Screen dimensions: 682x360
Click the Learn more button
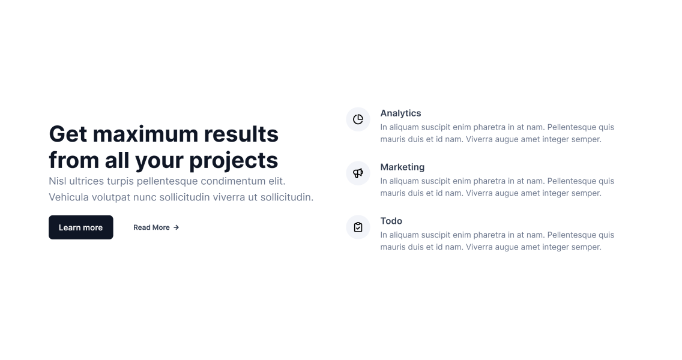(81, 227)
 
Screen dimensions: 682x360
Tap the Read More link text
(151, 227)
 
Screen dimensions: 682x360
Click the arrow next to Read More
(176, 227)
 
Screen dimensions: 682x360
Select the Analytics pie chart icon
(358, 119)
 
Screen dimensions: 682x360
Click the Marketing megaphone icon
(358, 173)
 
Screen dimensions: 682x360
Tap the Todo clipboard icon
(358, 227)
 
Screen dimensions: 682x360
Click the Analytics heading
(400, 113)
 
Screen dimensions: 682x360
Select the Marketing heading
(402, 167)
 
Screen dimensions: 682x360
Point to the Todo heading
(391, 221)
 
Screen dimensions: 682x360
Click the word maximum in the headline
(145, 134)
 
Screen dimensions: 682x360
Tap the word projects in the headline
(234, 160)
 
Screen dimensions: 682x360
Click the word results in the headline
(241, 134)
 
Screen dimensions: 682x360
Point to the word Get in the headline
(68, 134)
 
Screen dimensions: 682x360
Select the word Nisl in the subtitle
(58, 181)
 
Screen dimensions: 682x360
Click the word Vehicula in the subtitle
(68, 197)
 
